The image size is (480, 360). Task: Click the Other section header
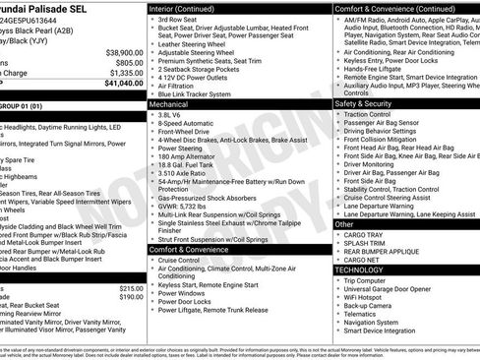[344, 224]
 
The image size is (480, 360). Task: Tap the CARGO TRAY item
[364, 236]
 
